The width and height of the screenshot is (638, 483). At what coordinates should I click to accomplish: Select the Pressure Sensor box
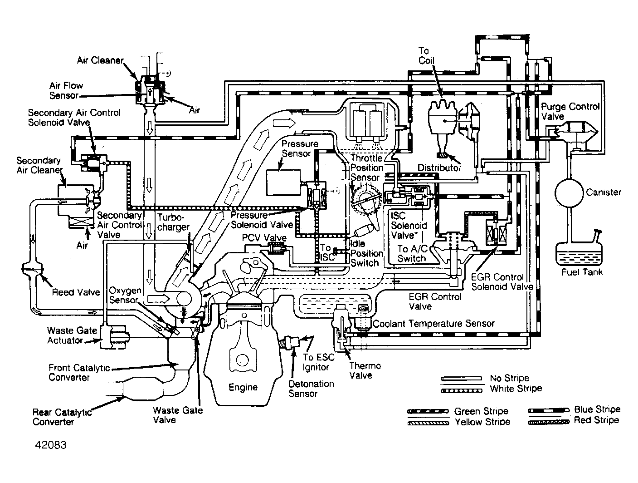coord(283,182)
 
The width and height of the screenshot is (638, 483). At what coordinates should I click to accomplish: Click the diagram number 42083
coord(51,445)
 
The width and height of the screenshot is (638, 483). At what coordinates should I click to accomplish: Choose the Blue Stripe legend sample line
coord(549,410)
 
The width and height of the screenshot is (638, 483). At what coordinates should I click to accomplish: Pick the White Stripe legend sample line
coord(461,391)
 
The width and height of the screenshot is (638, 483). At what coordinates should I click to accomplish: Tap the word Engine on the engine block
coord(243,387)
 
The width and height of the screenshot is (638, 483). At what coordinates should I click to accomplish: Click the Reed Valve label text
coord(76,292)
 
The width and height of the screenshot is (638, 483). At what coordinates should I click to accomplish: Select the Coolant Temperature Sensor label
coord(433,324)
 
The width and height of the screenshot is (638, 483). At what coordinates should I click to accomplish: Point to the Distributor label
coord(439,168)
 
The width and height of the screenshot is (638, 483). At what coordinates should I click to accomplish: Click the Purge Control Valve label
coord(570,111)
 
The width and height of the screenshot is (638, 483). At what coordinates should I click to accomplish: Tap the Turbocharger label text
coord(173,222)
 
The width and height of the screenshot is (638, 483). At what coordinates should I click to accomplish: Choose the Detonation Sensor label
coord(311,389)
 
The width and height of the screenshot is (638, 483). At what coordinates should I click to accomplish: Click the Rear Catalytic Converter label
coord(62,417)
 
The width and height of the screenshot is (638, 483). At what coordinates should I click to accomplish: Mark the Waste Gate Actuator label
coord(72,335)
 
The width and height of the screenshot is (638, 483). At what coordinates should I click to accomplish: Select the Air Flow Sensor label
coord(66,90)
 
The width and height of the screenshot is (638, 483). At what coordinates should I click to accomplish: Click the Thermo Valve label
coord(365,370)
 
